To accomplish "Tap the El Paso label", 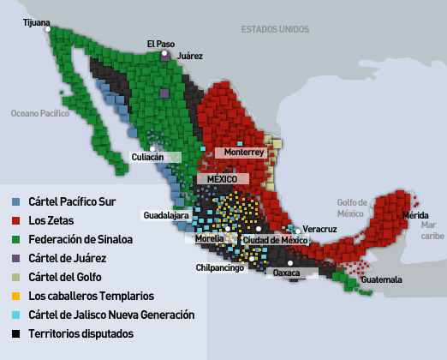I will pyautogui.click(x=160, y=43).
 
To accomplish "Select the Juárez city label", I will pyautogui.click(x=190, y=56).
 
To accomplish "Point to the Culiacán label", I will pyautogui.click(x=146, y=157).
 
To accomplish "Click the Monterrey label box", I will pyautogui.click(x=243, y=151).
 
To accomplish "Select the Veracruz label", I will pyautogui.click(x=320, y=230).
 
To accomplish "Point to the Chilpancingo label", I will pyautogui.click(x=220, y=243).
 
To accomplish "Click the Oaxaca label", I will pyautogui.click(x=285, y=249).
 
